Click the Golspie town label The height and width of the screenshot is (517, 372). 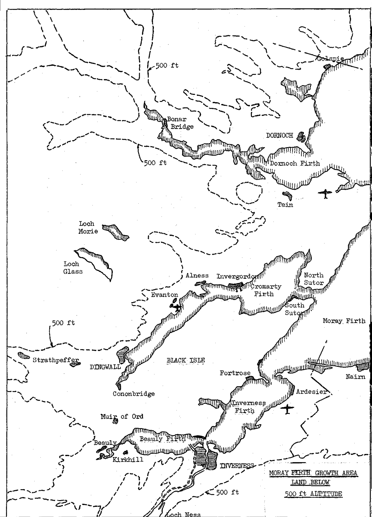[330, 58]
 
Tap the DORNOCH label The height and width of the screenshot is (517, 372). [280, 135]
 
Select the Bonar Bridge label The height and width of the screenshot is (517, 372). [180, 123]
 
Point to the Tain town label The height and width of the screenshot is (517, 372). [285, 205]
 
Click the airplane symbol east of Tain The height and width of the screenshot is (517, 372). [325, 193]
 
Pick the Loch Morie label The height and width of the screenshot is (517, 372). [88, 227]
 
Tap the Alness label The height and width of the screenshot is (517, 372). [197, 275]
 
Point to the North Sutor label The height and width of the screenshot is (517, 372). [313, 279]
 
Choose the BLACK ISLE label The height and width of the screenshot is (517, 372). [186, 360]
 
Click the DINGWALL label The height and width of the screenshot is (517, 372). [105, 367]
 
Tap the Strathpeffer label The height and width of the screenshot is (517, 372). [55, 360]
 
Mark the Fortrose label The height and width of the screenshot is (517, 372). [235, 373]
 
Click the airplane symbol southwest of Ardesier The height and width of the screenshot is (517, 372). [287, 409]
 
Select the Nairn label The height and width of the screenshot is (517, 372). [355, 376]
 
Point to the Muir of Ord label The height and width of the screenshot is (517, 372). [122, 416]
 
